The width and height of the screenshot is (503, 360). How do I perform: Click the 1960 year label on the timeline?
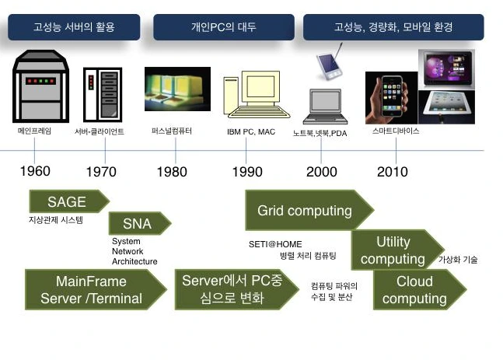point(35,171)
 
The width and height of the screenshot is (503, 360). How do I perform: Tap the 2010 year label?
point(392,171)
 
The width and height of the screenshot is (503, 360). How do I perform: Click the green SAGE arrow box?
point(65,202)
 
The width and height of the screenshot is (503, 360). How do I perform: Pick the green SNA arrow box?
point(137,224)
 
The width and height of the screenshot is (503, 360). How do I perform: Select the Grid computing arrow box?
point(305,210)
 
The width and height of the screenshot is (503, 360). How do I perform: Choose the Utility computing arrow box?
point(393,250)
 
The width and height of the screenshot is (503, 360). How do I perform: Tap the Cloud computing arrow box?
point(415,289)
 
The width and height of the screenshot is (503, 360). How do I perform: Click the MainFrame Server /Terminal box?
point(92,289)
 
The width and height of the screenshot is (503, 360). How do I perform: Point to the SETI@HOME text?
point(274,243)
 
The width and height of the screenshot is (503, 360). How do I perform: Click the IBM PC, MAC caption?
point(250,132)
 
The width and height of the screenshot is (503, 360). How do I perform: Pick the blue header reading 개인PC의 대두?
point(223,27)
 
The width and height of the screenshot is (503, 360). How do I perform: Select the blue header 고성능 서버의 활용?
point(74,27)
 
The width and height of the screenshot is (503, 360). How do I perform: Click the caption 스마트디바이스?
point(396,131)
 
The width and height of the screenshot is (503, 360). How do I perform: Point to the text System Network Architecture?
point(134,251)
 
